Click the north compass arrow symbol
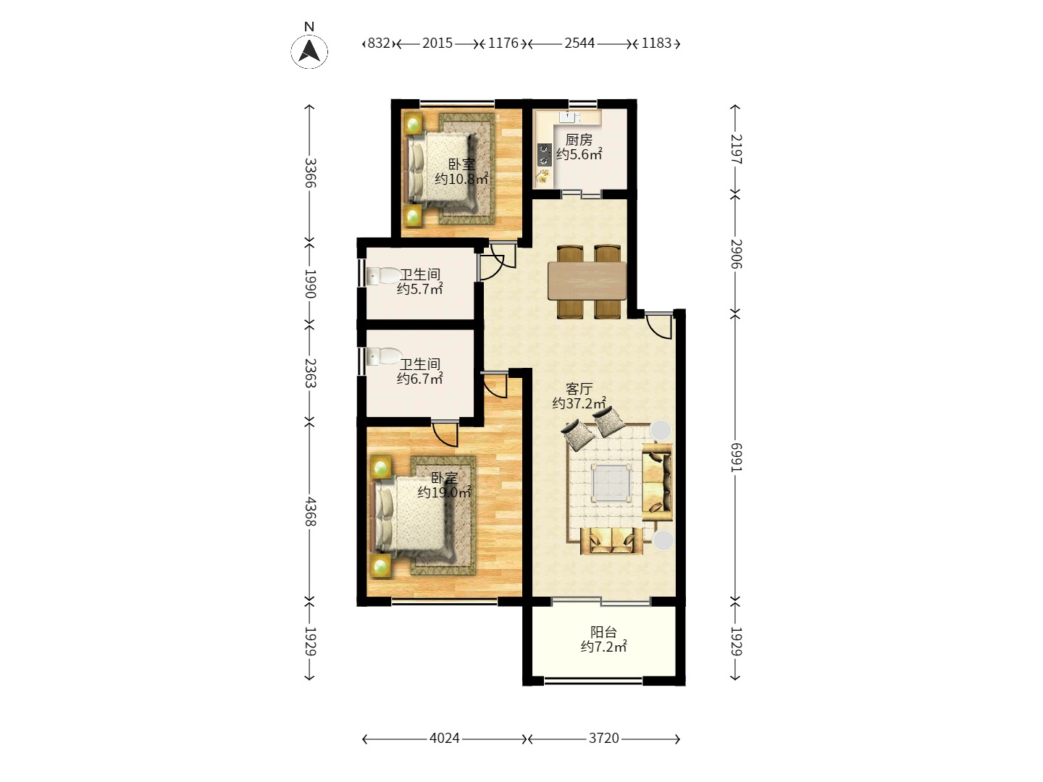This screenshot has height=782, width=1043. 309,51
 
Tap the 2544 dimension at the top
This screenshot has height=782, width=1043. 579,43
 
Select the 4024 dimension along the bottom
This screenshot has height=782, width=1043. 444,739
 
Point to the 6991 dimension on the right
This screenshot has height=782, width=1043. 736,457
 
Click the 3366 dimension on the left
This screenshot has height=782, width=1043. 310,173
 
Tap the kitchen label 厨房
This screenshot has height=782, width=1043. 579,140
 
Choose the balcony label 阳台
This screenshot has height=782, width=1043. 603,632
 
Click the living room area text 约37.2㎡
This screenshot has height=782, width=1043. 579,403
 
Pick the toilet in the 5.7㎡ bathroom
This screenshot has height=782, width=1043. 384,275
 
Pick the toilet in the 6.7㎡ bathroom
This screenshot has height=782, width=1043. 384,356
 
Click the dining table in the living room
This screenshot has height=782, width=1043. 587,281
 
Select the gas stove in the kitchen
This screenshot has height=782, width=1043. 545,155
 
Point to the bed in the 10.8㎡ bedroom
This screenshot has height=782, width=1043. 440,170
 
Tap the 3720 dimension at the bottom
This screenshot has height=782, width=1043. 604,739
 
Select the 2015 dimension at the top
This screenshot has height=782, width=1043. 437,43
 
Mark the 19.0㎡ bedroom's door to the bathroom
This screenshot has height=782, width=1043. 445,433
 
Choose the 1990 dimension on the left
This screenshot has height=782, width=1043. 310,284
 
